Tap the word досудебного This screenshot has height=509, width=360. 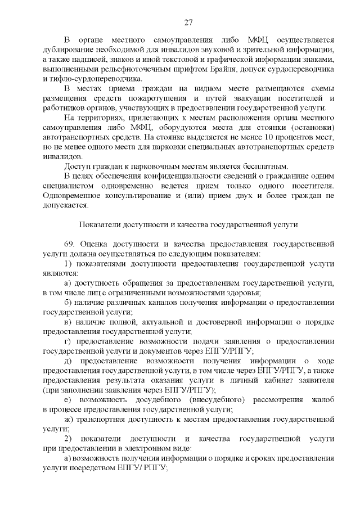154,400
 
